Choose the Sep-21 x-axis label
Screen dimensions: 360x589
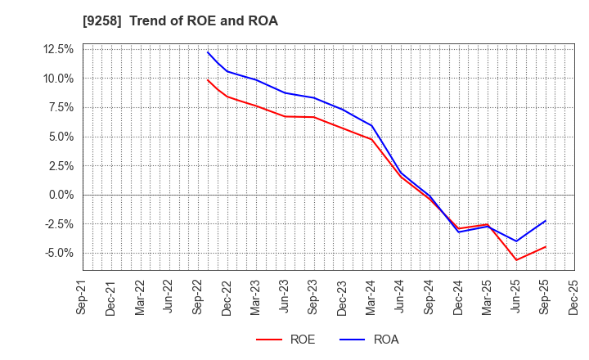[83, 298]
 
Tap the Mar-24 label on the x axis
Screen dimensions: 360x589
[371, 298]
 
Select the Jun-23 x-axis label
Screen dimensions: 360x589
[285, 298]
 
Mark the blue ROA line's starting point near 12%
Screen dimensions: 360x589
[208, 52]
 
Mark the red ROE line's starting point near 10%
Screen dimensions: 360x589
[208, 80]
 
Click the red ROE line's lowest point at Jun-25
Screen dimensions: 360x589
[516, 260]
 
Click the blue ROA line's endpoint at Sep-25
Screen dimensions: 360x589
[546, 221]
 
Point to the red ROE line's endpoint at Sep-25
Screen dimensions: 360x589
[546, 246]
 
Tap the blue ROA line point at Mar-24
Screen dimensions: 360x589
[371, 125]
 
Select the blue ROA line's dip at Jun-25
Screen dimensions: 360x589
[516, 241]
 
